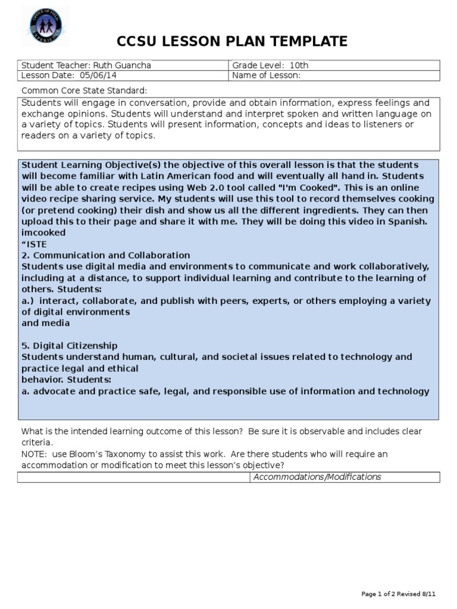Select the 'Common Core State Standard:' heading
[x=84, y=90]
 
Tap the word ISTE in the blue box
[x=37, y=244]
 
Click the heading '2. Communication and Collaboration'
[x=106, y=255]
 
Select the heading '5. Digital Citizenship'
[x=70, y=346]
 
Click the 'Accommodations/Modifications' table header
[x=317, y=477]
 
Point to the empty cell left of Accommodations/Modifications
[x=133, y=477]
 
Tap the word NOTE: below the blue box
[x=34, y=454]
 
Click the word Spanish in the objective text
[x=409, y=221]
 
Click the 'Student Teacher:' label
[x=55, y=65]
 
